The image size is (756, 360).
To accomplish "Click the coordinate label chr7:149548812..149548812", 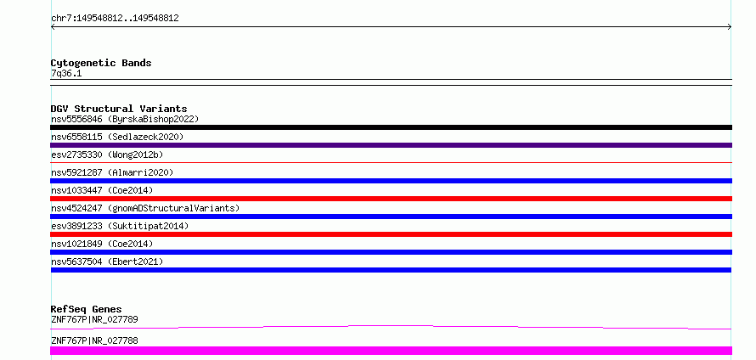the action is point(115,19).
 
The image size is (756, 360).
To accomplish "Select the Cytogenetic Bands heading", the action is point(101,63).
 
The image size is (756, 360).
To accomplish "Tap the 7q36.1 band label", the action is point(66,73).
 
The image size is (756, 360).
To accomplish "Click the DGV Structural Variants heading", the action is point(119,109).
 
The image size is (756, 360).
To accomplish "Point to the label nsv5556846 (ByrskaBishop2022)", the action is point(125,119).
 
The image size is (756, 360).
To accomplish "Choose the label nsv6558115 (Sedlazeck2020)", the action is point(117,137).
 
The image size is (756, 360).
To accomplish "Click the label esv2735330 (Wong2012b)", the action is point(107,155).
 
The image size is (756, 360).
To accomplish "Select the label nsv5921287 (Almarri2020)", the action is point(112,172).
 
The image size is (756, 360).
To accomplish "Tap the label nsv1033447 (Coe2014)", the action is point(102,190).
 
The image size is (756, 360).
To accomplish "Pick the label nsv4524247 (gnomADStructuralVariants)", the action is point(145,208).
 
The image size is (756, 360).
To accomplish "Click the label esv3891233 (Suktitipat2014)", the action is point(120,226).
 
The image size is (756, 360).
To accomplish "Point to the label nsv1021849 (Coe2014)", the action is point(102,244).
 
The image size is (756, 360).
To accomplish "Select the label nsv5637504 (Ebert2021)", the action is point(107,262).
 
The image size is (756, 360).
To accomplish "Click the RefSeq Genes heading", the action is point(87,309).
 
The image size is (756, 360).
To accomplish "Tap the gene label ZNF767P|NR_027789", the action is point(94,319).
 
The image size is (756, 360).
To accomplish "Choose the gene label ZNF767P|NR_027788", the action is point(94,340).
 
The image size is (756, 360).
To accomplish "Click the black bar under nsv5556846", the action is point(391,127).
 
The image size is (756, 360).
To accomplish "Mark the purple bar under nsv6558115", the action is point(391,145).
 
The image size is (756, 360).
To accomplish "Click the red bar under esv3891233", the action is point(391,234).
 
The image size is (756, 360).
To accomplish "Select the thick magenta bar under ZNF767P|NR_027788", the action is point(391,351).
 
